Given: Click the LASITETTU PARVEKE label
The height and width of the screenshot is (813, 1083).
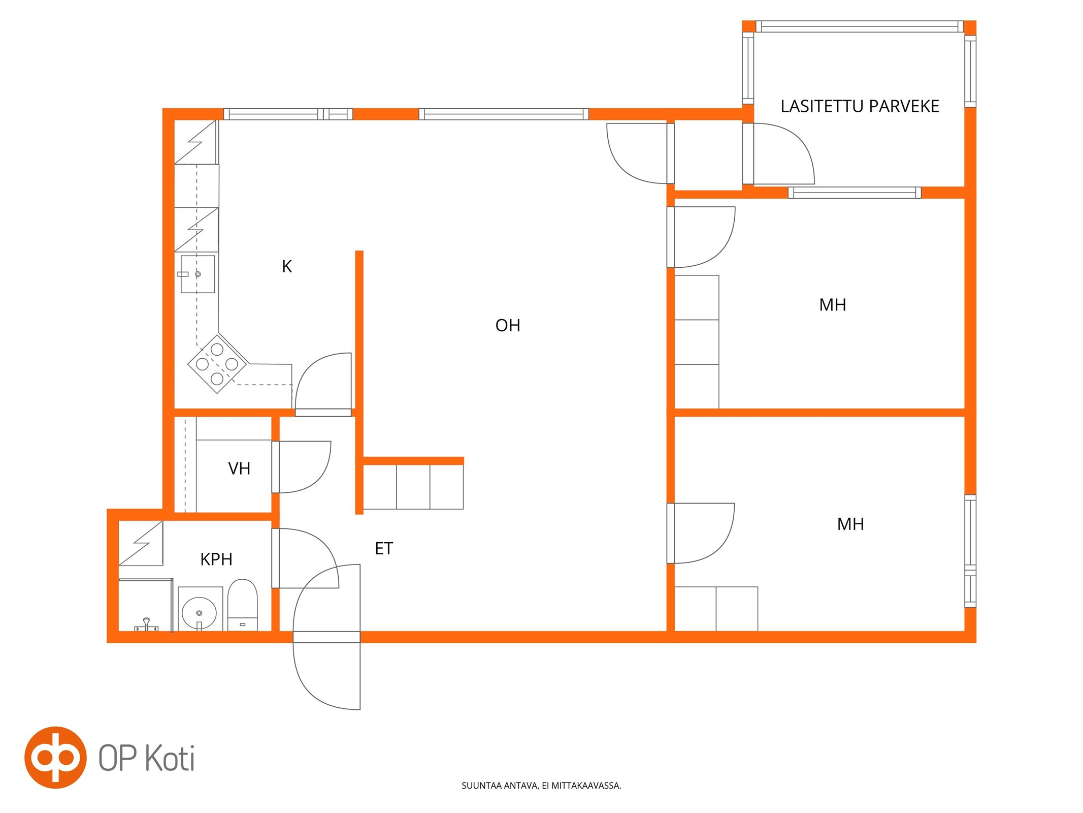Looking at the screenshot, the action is click(860, 106).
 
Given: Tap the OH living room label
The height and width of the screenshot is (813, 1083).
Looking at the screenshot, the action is click(508, 325).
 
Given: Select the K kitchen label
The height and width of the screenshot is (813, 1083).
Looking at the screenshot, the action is click(287, 266).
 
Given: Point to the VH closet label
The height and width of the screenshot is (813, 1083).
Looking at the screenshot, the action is click(239, 468).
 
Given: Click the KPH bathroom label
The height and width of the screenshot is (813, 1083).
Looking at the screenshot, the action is click(216, 559).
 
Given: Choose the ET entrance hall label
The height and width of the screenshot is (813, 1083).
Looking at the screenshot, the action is click(384, 549).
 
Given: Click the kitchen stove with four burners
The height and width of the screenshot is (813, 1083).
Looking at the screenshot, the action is click(217, 364).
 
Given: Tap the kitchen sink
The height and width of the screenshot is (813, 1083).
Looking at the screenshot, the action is click(198, 274).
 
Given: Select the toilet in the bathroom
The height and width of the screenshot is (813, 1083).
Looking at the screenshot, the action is click(243, 605).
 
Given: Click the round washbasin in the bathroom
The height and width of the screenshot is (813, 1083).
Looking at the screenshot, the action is click(199, 613).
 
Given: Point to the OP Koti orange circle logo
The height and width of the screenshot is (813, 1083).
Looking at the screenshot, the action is click(55, 758).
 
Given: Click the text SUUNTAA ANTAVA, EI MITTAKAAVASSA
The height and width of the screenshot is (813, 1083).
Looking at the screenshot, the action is click(541, 786).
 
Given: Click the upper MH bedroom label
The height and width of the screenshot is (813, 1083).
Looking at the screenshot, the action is click(833, 305).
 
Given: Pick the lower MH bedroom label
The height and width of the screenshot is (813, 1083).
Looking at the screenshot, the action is click(850, 524).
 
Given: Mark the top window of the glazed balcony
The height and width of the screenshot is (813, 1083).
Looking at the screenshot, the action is click(860, 26).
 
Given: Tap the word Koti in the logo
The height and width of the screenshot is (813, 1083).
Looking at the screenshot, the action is click(170, 758).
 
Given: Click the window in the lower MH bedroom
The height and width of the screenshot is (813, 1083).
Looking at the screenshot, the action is click(970, 551).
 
